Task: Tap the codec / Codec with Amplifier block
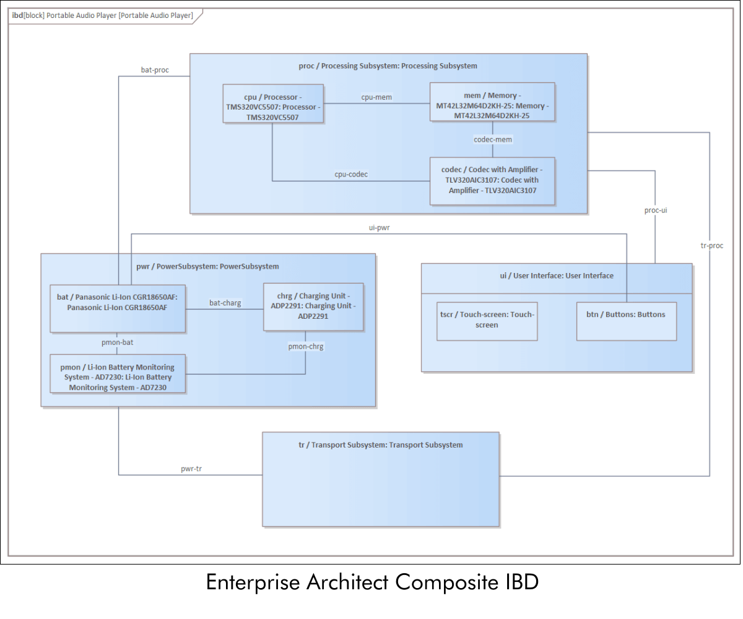[x=492, y=181]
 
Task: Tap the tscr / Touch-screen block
[x=487, y=321]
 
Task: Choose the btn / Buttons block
[x=626, y=321]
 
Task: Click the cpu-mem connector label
[x=376, y=97]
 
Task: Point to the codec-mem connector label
[x=493, y=140]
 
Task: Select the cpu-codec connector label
[x=351, y=175]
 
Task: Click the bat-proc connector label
[x=155, y=70]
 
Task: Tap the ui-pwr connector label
[x=379, y=228]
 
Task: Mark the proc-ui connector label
[x=655, y=210]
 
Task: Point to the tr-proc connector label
[x=711, y=246]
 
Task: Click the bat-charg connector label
[x=225, y=303]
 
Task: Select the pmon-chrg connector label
[x=306, y=347]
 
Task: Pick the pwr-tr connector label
[x=191, y=469]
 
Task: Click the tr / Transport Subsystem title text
[x=380, y=445]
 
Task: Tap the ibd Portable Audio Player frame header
[x=103, y=15]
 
